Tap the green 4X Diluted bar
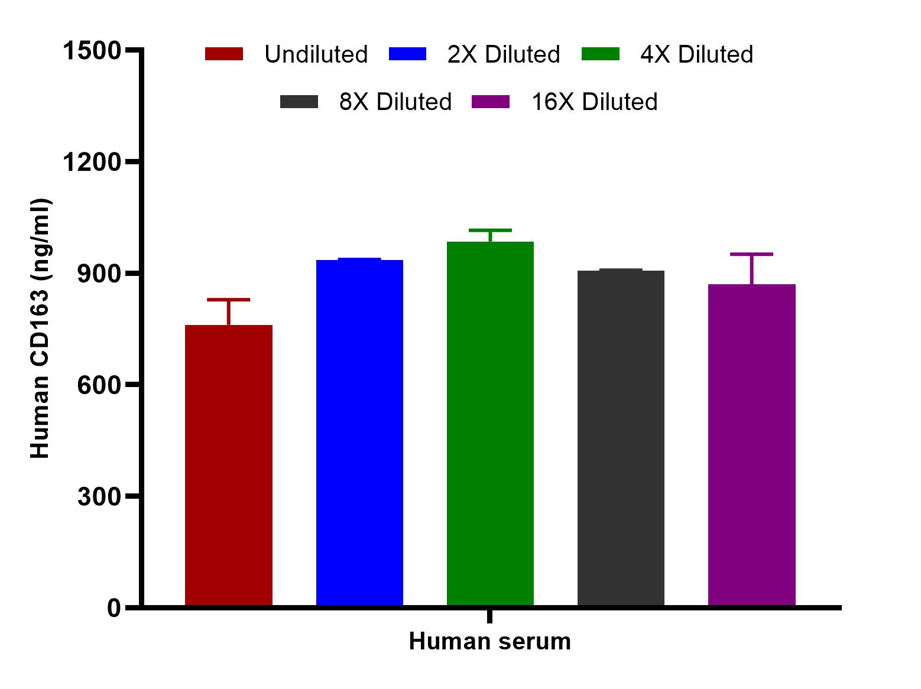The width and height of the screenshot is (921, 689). tap(490, 423)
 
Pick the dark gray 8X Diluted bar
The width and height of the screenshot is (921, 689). tap(621, 438)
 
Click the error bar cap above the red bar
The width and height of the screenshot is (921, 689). tap(229, 300)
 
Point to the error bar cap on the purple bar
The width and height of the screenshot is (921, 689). tap(751, 255)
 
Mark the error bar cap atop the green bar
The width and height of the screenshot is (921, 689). tap(490, 230)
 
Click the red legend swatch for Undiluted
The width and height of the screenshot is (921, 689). tap(224, 54)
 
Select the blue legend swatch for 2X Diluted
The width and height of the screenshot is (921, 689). tap(407, 54)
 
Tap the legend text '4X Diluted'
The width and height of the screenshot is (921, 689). tap(696, 54)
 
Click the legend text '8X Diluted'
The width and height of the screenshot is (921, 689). tap(395, 102)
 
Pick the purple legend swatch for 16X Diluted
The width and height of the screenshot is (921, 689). tap(491, 102)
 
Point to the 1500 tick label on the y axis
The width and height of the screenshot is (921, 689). tap(92, 51)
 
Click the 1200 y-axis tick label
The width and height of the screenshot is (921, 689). tap(92, 162)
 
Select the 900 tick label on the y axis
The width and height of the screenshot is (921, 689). tap(99, 274)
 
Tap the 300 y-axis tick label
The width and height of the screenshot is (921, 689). tap(99, 496)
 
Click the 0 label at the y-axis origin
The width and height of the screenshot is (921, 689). tap(114, 607)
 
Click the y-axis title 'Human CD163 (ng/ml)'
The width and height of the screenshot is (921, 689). tap(40, 329)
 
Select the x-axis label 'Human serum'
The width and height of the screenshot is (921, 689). tap(489, 641)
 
